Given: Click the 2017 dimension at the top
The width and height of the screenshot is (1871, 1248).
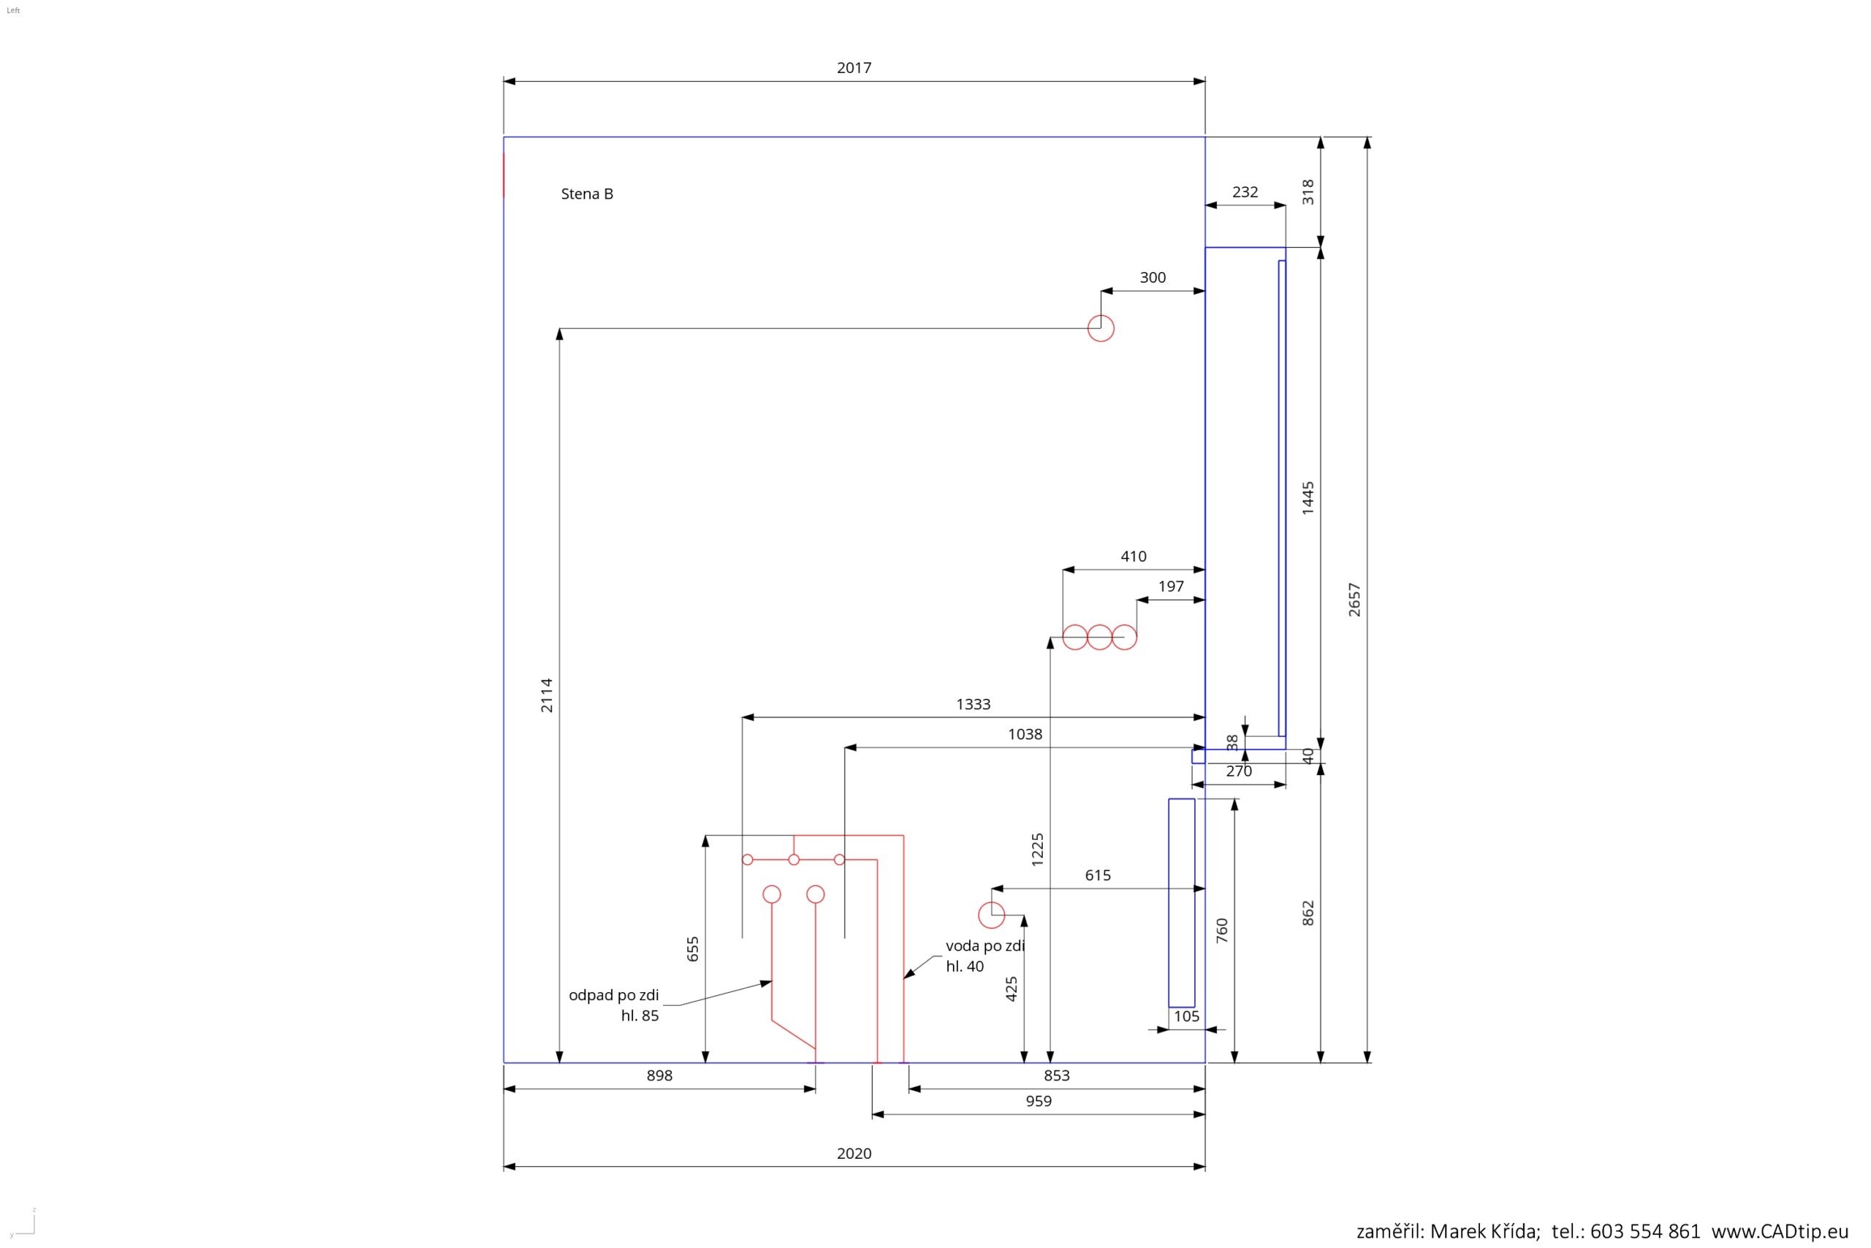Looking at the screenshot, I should tap(854, 69).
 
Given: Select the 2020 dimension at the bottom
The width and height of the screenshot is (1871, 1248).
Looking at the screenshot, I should tap(854, 1153).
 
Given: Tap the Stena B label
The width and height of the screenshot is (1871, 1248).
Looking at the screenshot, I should tap(587, 194).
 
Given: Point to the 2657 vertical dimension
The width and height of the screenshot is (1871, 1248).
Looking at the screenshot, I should tap(1354, 600).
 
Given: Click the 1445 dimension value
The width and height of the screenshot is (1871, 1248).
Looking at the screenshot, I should tap(1308, 498).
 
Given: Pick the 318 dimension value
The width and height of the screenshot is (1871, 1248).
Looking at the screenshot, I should tap(1308, 192).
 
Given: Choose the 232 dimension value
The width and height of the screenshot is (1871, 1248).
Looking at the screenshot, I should tap(1245, 192).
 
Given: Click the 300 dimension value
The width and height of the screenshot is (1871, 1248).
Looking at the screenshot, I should tap(1153, 278).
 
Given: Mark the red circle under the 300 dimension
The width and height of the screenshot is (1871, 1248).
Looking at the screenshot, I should tap(1101, 328).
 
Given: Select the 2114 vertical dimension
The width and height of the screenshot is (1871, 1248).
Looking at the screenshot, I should tap(547, 695).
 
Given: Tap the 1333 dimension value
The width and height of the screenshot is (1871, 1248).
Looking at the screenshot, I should tap(973, 704).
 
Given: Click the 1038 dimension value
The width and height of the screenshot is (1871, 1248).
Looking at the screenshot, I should tap(1025, 735).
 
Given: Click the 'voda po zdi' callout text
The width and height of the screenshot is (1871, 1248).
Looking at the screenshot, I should tap(984, 946).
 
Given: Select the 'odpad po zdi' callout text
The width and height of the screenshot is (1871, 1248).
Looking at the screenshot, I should tap(613, 995).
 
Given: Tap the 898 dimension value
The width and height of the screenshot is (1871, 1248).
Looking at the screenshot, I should tap(659, 1075).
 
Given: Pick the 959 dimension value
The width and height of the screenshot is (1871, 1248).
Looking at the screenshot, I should tap(1038, 1101).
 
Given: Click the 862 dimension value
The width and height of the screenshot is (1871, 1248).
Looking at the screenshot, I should tap(1308, 913).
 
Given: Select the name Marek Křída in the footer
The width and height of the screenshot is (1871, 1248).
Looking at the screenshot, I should tap(1484, 1230).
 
